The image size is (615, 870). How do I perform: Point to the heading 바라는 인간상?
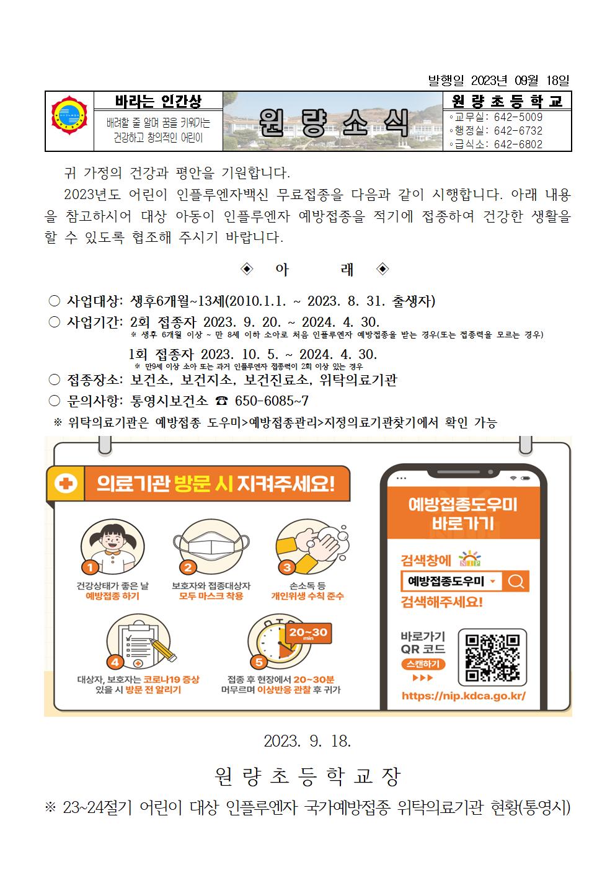coord(159,100)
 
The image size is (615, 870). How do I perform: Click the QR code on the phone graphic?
coord(492,658)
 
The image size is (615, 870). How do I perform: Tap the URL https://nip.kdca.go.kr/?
coord(464,696)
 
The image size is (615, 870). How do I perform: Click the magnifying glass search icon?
coord(516,582)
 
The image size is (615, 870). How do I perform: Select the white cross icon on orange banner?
coord(66,484)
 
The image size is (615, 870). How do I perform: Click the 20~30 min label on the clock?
coord(308,633)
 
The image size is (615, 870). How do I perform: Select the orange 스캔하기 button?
coord(423,664)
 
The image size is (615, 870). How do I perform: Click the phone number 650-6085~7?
coord(271,401)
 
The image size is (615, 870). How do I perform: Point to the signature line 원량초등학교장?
coord(307,776)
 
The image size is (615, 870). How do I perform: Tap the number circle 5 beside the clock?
coord(259,661)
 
